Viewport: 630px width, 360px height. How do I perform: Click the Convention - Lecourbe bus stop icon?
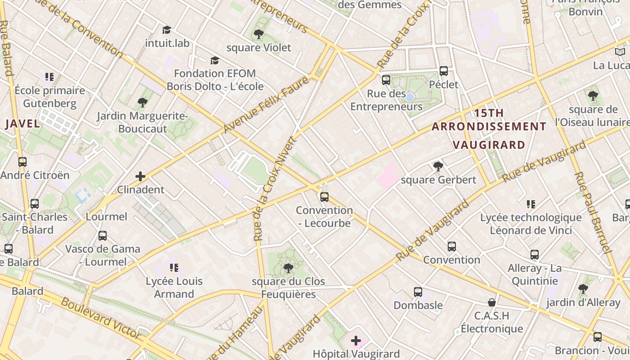click(324, 197)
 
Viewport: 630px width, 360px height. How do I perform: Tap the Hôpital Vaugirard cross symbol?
click(356, 341)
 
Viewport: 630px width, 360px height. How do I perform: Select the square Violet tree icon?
click(258, 34)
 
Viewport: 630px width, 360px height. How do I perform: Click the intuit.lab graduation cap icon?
click(167, 30)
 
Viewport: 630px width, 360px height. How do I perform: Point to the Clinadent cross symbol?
click(140, 176)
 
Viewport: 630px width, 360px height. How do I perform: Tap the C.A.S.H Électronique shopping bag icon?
click(492, 302)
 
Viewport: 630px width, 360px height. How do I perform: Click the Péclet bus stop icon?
click(444, 71)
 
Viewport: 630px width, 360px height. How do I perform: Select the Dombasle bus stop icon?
click(418, 292)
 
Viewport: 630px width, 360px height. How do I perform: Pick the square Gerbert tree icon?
click(438, 166)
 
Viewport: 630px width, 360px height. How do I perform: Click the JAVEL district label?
click(22, 124)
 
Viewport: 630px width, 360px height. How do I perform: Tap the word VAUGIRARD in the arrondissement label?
click(489, 145)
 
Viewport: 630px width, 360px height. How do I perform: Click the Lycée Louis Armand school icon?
click(174, 268)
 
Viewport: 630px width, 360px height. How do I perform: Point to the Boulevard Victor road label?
click(101, 318)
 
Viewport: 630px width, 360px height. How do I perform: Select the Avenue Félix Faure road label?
click(266, 105)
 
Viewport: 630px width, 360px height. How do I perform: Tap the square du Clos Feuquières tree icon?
click(288, 268)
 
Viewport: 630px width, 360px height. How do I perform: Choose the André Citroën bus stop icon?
click(22, 162)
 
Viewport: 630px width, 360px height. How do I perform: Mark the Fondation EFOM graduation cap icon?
click(215, 60)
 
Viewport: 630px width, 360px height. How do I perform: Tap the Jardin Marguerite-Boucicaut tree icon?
click(143, 103)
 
